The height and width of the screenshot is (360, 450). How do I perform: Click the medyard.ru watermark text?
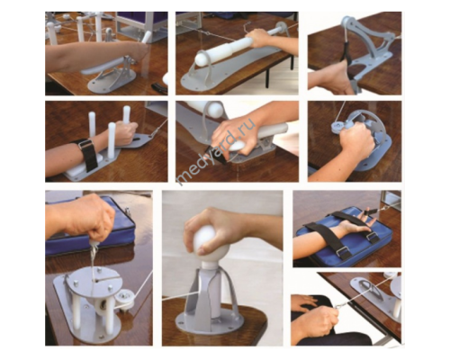pos(217,152)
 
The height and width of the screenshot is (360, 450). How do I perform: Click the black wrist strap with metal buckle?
pos(86,154)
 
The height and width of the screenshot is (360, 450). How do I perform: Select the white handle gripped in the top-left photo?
pos(145,40)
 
